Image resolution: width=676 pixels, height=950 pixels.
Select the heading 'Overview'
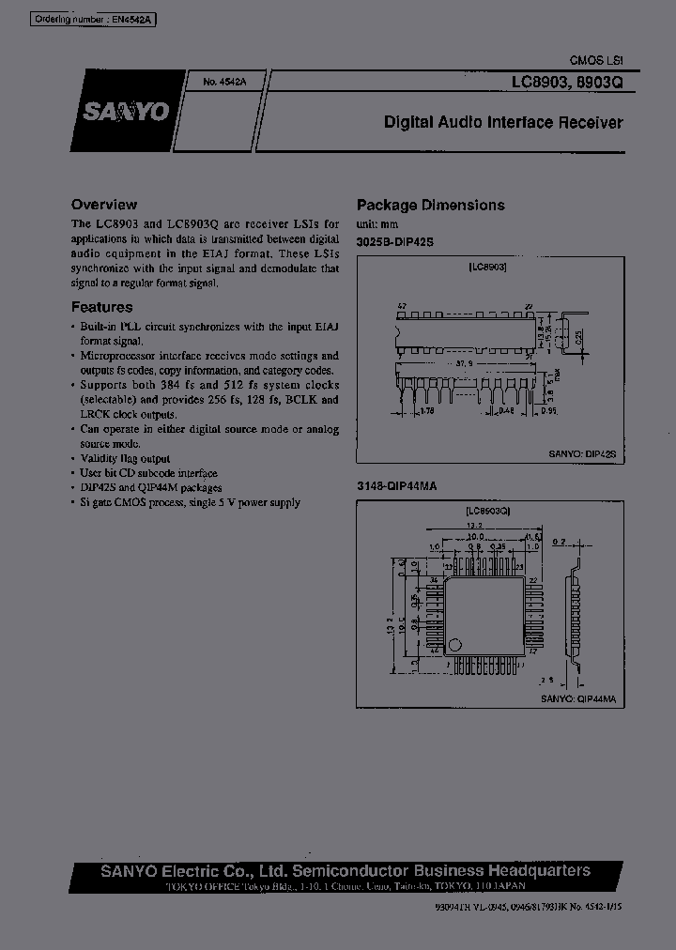click(x=104, y=204)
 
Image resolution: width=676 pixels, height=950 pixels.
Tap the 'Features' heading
click(x=102, y=307)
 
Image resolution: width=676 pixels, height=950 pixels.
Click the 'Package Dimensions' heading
click(x=430, y=205)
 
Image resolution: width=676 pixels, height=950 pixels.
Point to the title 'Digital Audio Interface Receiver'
click(x=503, y=123)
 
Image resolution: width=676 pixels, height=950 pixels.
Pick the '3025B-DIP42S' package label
click(x=395, y=242)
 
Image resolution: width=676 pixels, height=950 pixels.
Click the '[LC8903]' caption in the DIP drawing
click(x=487, y=268)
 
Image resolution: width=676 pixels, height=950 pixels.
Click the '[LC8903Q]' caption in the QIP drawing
click(x=487, y=511)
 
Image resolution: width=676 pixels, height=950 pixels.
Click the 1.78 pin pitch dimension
click(x=427, y=410)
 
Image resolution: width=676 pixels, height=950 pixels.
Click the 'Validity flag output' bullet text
click(x=125, y=459)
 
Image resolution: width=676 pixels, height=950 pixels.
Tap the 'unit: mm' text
click(x=377, y=225)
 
